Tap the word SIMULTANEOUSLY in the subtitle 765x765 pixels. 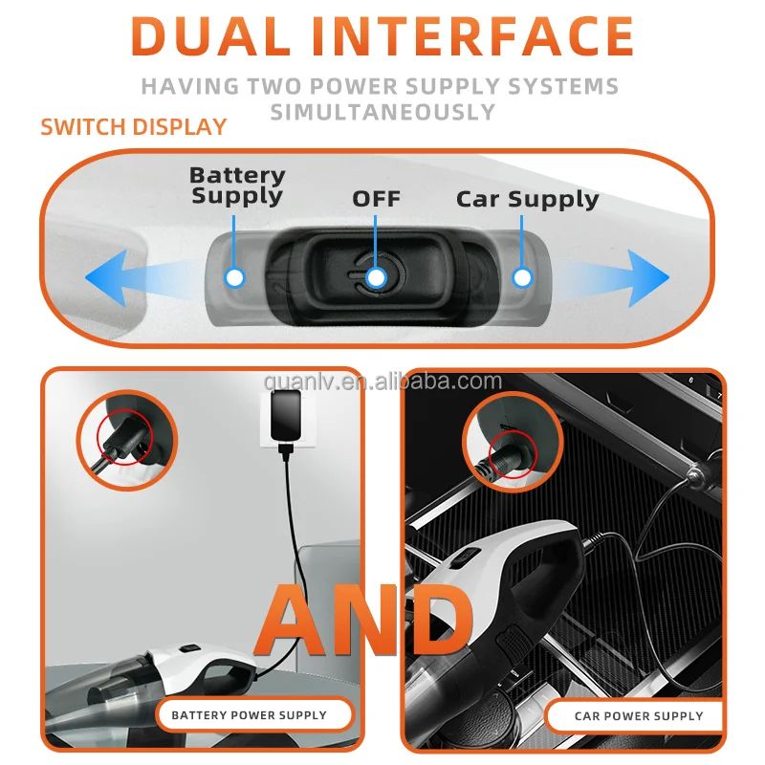click(x=382, y=111)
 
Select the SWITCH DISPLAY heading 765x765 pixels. click(x=133, y=127)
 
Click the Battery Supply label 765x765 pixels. click(x=237, y=186)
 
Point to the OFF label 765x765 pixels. click(x=376, y=199)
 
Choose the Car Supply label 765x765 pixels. click(x=527, y=199)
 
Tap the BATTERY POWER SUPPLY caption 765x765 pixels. click(x=249, y=714)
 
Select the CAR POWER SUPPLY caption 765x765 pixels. click(x=638, y=715)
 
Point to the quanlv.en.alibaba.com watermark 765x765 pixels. click(x=382, y=382)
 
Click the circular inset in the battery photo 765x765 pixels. click(x=130, y=438)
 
